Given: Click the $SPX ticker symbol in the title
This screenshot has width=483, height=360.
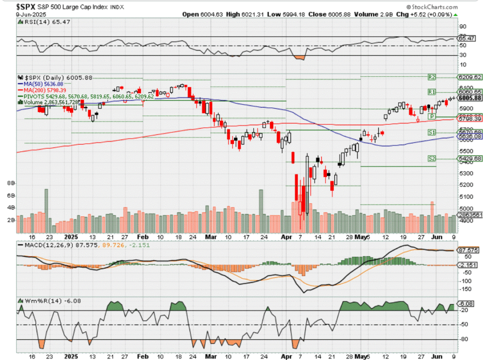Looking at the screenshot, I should point(27,7).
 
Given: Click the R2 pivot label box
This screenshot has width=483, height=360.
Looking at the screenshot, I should point(431,77).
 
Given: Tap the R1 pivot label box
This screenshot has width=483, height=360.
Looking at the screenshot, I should point(431,91).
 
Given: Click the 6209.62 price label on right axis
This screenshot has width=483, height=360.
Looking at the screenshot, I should point(470,77).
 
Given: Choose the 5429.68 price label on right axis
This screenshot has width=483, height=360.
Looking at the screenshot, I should point(470,159).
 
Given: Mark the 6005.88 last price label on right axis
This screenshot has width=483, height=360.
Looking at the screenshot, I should point(470,98).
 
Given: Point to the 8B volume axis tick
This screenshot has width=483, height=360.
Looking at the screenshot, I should point(10,183).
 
